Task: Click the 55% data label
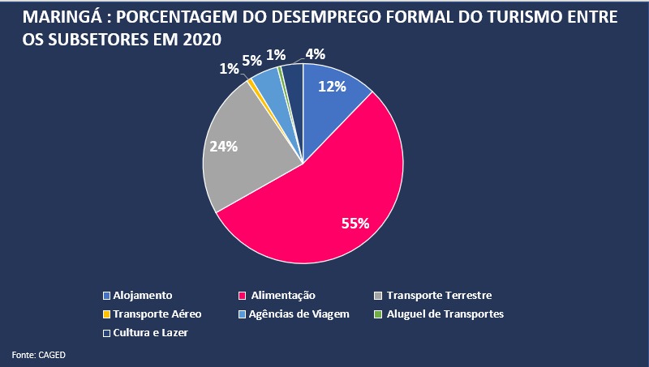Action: (355, 223)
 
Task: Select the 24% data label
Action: (224, 147)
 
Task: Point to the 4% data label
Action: (315, 54)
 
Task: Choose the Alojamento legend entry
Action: (143, 296)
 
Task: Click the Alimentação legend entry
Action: (282, 296)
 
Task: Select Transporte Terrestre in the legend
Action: (439, 296)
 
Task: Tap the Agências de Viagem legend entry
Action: (299, 314)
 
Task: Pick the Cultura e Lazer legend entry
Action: (150, 333)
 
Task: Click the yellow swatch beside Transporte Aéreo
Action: (107, 314)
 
